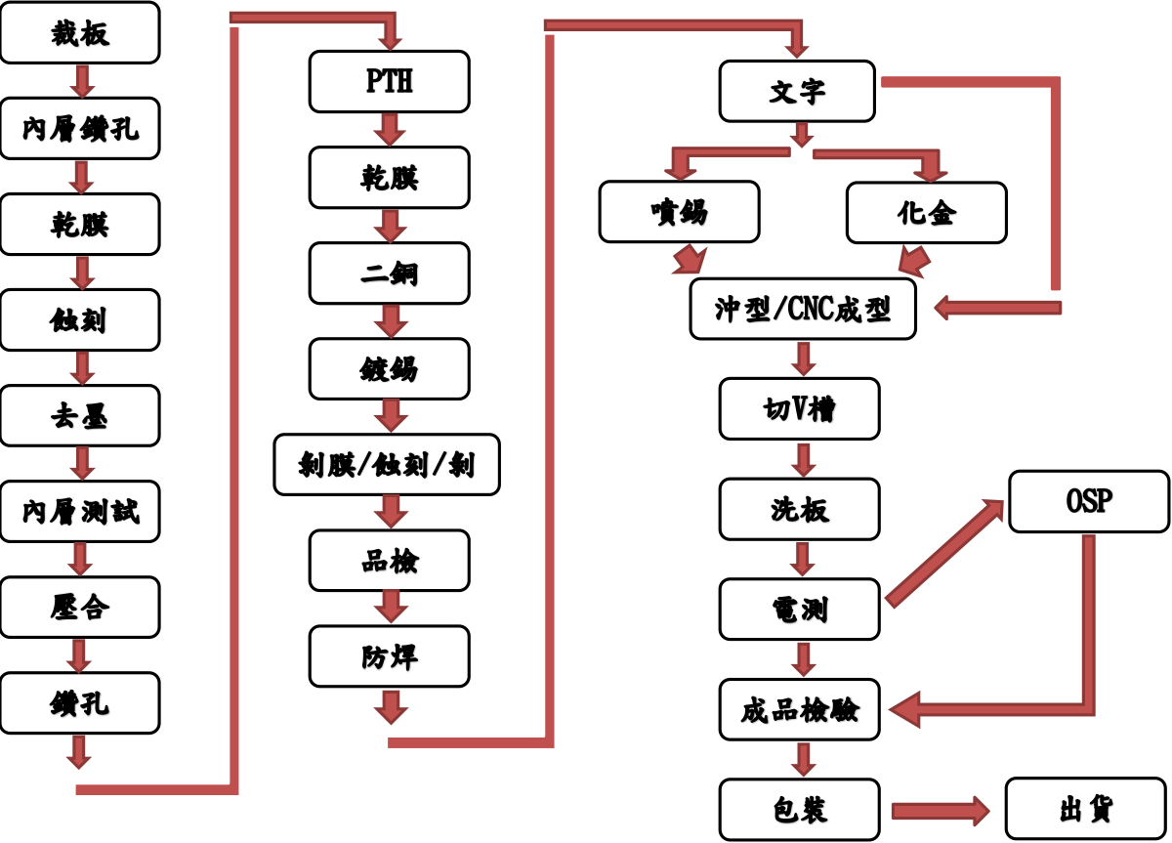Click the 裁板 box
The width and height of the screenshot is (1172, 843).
coord(79,33)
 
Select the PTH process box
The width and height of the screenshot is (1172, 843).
coord(389,81)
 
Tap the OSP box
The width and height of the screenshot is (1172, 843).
coord(1088,501)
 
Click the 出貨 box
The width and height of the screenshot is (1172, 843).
coord(1086,809)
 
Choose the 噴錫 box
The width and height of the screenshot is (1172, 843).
coord(679,212)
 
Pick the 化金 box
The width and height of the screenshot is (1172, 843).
coord(926,212)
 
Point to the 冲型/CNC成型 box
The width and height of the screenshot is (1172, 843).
coord(803,309)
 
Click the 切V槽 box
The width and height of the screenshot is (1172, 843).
coord(799,408)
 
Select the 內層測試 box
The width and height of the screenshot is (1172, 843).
coord(79,511)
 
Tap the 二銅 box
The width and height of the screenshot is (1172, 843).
coord(389,273)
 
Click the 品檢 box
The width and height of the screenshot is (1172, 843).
coord(389,561)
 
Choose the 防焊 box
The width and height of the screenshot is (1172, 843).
coord(389,656)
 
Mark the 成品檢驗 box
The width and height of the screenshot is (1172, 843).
coord(799,709)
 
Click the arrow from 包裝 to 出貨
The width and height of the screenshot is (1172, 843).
coord(940,811)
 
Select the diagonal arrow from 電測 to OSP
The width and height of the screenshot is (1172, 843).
coord(943,552)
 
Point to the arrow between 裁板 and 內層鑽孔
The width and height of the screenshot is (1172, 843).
coord(82,81)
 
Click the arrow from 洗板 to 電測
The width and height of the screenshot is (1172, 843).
coord(803,560)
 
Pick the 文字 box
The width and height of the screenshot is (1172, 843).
coord(797,92)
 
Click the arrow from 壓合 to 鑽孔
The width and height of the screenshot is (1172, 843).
coord(80,655)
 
